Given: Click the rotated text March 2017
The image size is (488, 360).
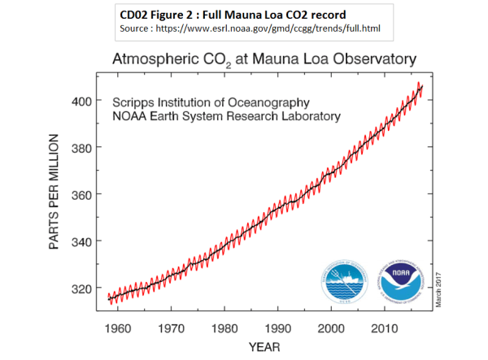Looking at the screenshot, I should point(437,285).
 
